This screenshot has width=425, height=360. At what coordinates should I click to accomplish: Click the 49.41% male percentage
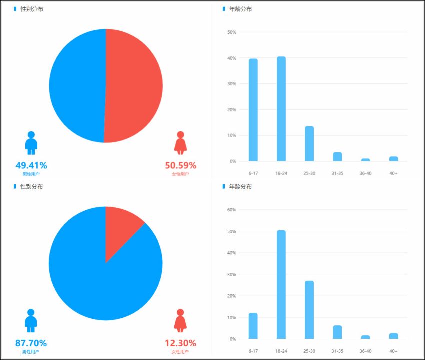point(31,165)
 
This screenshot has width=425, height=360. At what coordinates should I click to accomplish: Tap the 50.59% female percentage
point(180,165)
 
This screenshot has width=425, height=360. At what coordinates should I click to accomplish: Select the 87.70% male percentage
point(31,343)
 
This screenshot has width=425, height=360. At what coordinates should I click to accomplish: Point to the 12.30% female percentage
point(180,343)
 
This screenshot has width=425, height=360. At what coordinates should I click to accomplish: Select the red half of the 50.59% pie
point(135,85)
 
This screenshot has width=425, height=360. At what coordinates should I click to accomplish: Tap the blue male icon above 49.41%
point(31,143)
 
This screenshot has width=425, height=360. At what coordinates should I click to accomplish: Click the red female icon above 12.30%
point(180,320)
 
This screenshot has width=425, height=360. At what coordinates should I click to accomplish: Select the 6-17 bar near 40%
point(253,110)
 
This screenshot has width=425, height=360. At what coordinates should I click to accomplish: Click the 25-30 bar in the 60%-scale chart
point(309,310)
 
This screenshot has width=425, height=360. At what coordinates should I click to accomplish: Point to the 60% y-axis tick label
point(231,210)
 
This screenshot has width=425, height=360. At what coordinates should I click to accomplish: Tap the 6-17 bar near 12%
point(253,326)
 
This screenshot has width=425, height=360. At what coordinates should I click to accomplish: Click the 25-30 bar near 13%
point(309,144)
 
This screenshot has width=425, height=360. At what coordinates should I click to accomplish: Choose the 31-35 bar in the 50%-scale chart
point(337,157)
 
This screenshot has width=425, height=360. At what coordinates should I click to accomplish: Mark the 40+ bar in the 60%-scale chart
point(393,336)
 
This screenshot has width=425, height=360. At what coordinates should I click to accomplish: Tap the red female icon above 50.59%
point(180,143)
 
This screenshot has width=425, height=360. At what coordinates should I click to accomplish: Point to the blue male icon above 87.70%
point(31,320)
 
